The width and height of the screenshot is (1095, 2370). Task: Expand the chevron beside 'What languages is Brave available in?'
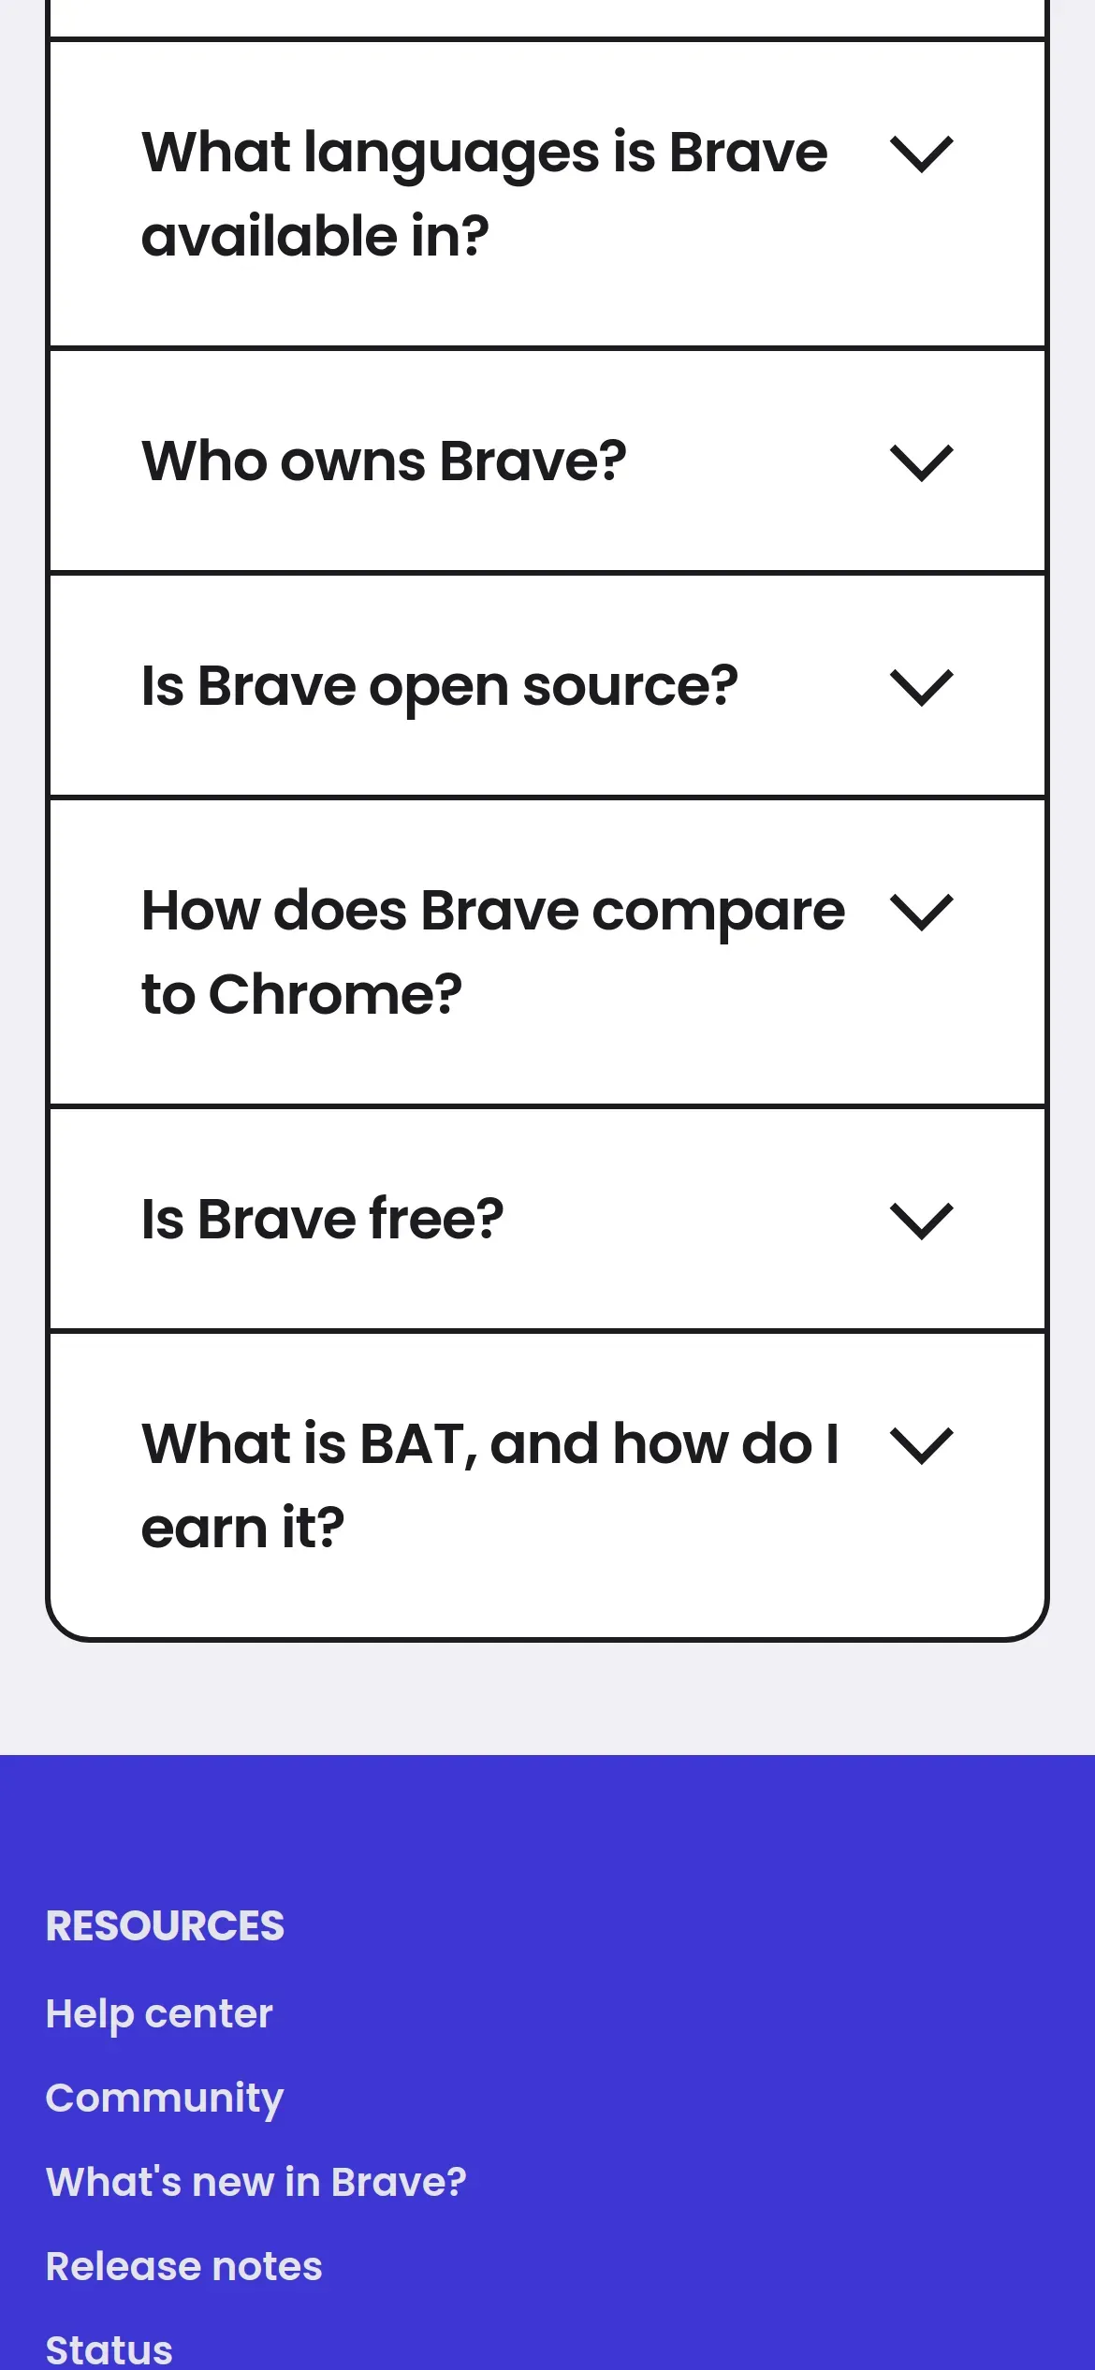pyautogui.click(x=922, y=154)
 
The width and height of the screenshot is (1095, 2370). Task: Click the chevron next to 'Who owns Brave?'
pyautogui.click(x=922, y=463)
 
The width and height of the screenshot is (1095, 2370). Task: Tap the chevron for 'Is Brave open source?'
pyautogui.click(x=922, y=688)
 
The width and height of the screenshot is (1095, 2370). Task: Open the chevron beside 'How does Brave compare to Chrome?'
pyautogui.click(x=922, y=913)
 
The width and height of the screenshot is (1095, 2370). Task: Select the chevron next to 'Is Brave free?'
pyautogui.click(x=922, y=1222)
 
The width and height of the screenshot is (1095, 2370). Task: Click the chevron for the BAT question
pyautogui.click(x=922, y=1446)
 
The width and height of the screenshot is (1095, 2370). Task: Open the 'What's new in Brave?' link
pyautogui.click(x=255, y=2182)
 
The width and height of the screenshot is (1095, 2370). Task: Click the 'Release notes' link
pyautogui.click(x=184, y=2266)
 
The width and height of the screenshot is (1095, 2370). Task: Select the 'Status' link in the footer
pyautogui.click(x=109, y=2350)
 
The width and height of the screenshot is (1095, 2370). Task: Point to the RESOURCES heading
pyautogui.click(x=165, y=1925)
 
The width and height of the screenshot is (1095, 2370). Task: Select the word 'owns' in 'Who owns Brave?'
pyautogui.click(x=354, y=461)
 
